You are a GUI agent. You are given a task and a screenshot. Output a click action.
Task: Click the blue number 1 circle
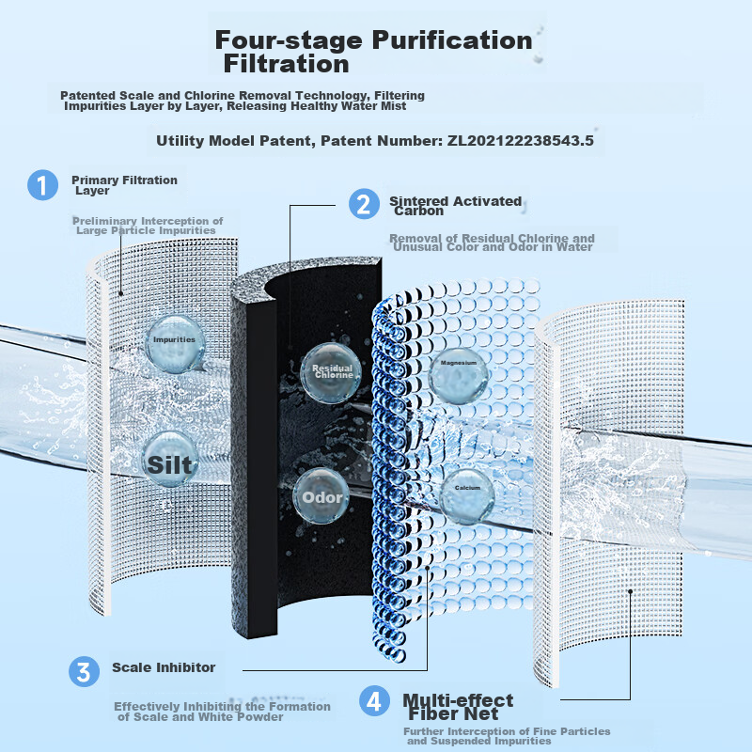[x=42, y=184]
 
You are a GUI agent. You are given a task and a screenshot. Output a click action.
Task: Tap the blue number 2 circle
[x=364, y=204]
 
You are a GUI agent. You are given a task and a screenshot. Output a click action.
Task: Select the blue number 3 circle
[x=84, y=671]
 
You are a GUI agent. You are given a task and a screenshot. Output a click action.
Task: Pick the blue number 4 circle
[x=375, y=700]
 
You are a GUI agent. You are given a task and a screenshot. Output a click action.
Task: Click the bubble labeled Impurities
[x=174, y=339]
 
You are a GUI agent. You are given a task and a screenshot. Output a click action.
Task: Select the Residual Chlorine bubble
[x=331, y=370]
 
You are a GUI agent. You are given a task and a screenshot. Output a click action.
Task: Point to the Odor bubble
[x=321, y=496]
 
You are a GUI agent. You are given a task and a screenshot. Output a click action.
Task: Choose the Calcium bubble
[x=467, y=489]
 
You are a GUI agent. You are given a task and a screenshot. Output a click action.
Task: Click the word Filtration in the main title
[x=286, y=65]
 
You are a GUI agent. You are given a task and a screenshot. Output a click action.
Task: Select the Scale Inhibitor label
[x=164, y=667]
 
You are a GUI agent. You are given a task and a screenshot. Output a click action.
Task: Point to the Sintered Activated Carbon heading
[x=455, y=206]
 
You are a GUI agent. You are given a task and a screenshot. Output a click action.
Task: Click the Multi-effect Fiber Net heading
[x=458, y=708]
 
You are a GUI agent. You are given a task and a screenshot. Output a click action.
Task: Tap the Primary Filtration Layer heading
[x=123, y=184]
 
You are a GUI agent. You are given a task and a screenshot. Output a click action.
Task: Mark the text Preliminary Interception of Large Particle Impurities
[x=148, y=226]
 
